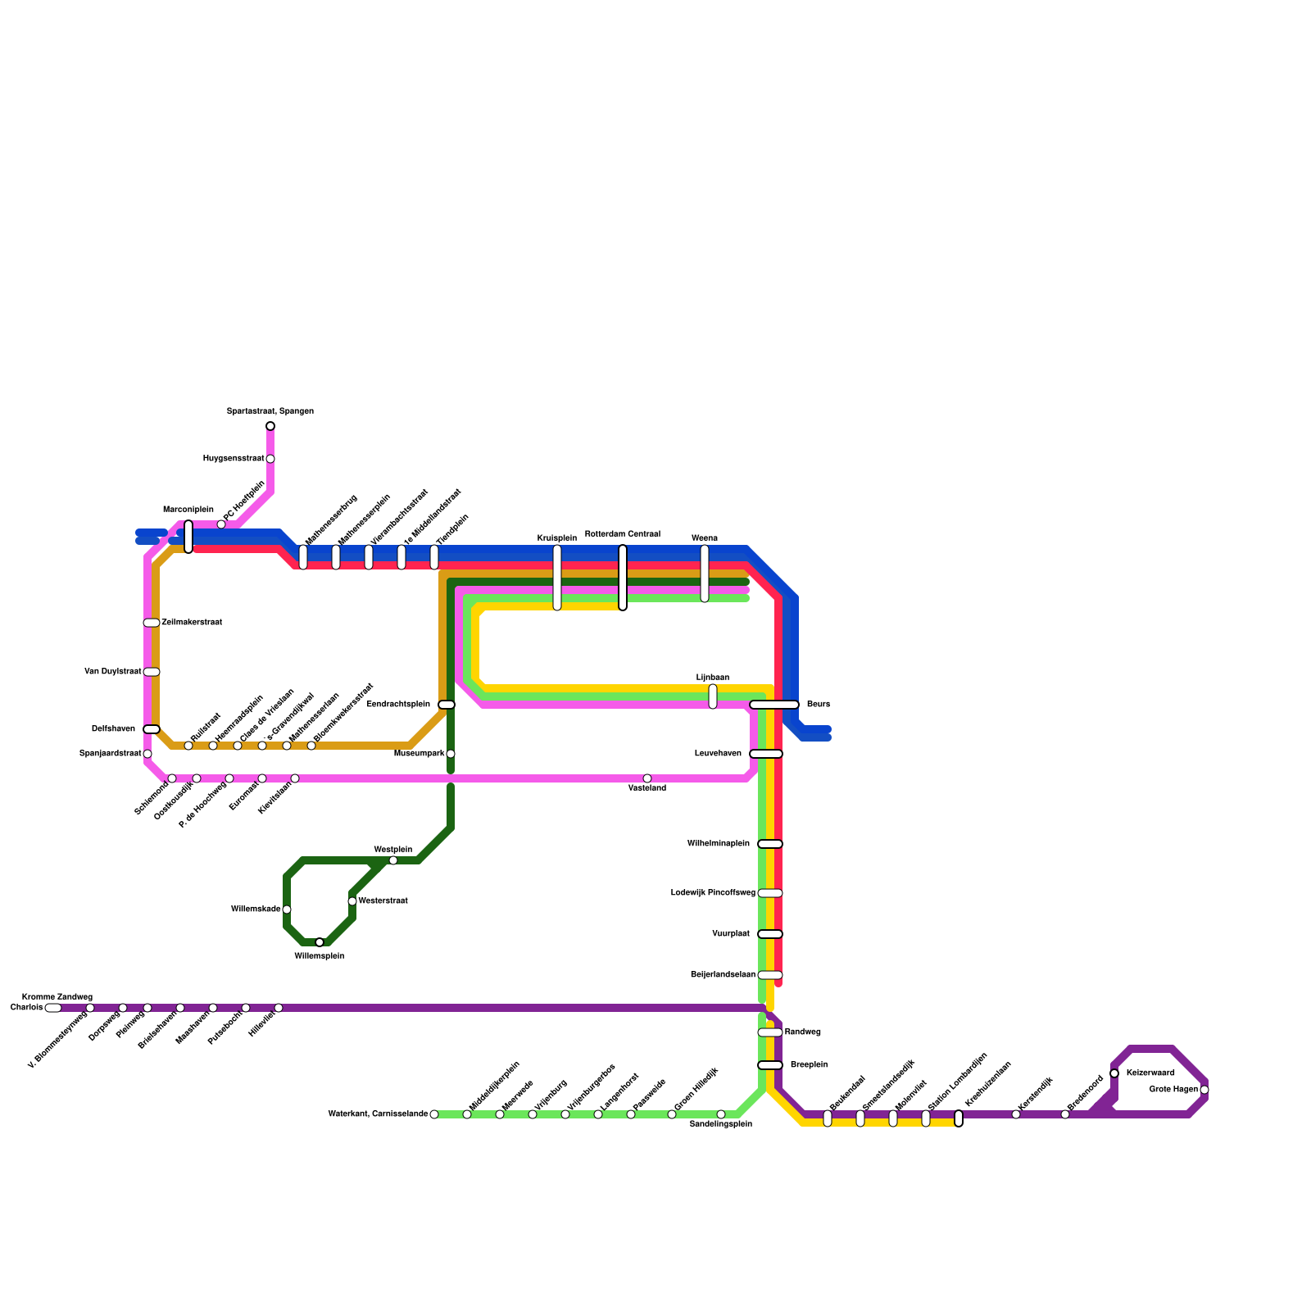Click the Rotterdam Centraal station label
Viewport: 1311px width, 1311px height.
click(623, 534)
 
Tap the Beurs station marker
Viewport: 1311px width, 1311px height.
click(774, 705)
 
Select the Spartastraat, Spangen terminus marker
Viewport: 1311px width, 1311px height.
click(270, 426)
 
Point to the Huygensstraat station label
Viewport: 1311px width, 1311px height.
click(234, 459)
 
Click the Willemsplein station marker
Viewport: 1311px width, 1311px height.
click(320, 942)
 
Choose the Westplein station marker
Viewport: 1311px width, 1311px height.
click(393, 860)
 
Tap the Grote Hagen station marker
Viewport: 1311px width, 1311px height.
click(1204, 1090)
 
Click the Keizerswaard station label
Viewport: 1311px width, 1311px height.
click(1150, 1073)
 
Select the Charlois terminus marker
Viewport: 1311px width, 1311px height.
click(53, 1008)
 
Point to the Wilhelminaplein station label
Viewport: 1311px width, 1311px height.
click(719, 844)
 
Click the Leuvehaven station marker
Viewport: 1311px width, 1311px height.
click(766, 754)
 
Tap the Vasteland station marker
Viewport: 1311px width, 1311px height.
click(647, 778)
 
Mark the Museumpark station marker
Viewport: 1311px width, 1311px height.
click(451, 754)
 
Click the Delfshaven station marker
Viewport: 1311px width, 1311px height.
click(152, 729)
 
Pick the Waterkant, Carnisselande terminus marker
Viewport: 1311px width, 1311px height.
click(434, 1114)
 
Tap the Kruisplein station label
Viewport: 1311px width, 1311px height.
click(557, 538)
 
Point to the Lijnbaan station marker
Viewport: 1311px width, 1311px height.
click(713, 696)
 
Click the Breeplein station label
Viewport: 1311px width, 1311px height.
click(809, 1065)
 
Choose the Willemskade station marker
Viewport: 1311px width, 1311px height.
click(287, 910)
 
